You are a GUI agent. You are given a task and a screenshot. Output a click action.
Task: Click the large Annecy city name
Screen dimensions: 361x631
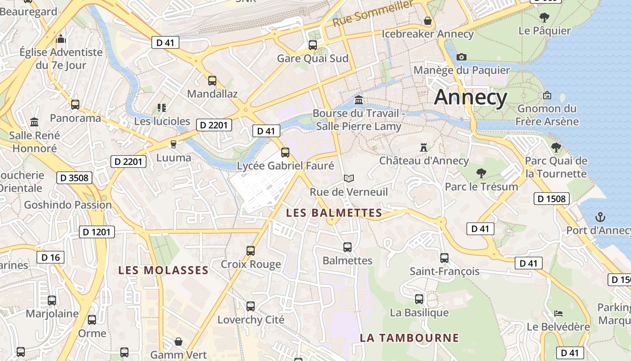pyautogui.click(x=471, y=97)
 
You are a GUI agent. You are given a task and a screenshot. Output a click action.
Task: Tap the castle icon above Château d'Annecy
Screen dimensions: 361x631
pyautogui.click(x=424, y=147)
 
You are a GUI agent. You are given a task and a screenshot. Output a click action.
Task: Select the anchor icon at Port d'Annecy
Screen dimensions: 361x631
pyautogui.click(x=600, y=217)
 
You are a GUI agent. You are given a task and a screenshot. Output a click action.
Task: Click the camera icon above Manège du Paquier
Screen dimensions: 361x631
pyautogui.click(x=461, y=57)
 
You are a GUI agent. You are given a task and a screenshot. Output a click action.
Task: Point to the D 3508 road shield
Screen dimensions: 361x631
pyautogui.click(x=74, y=178)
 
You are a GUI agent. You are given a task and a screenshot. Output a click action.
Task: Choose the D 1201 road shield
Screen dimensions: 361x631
pyautogui.click(x=97, y=232)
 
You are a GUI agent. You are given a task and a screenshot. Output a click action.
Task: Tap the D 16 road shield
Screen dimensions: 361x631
pyautogui.click(x=50, y=258)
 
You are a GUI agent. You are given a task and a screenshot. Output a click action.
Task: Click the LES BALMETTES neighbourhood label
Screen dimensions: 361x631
pyautogui.click(x=334, y=213)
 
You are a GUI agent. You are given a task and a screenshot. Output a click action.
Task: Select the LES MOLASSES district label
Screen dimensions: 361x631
pyautogui.click(x=163, y=270)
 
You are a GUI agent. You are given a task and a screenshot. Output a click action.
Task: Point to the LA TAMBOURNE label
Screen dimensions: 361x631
pyautogui.click(x=409, y=338)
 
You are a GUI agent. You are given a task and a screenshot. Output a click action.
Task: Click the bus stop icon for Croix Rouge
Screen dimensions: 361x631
pyautogui.click(x=251, y=250)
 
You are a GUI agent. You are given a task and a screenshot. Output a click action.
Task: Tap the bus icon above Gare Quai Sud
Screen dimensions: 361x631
pyautogui.click(x=312, y=45)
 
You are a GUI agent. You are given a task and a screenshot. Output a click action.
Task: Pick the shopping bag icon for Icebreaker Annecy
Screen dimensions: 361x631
pyautogui.click(x=427, y=21)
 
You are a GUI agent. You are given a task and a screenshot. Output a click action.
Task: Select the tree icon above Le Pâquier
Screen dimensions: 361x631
pyautogui.click(x=544, y=18)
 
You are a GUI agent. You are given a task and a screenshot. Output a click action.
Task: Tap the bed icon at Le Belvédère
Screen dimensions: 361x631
pyautogui.click(x=558, y=313)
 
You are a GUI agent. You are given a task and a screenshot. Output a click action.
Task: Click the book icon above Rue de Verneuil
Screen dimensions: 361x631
pyautogui.click(x=348, y=178)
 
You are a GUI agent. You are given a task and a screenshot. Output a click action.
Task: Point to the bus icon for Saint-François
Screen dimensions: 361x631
pyautogui.click(x=444, y=258)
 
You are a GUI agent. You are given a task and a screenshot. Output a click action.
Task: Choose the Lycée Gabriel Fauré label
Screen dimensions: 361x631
pyautogui.click(x=286, y=166)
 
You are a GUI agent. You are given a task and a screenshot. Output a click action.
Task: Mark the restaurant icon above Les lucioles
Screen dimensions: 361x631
pyautogui.click(x=162, y=108)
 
